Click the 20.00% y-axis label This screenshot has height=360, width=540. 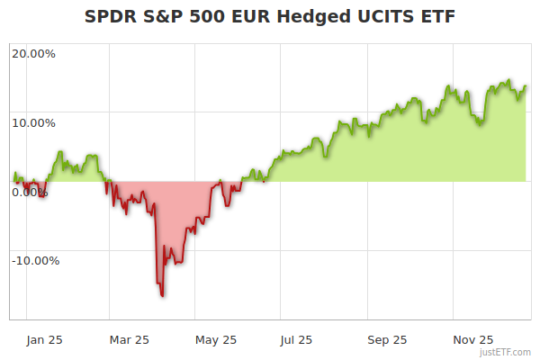33,54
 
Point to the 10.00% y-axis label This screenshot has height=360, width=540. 33,123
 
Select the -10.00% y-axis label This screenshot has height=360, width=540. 35,261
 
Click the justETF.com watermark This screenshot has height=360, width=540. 506,352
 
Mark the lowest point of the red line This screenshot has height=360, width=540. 162,295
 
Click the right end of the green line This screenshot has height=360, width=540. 526,86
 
